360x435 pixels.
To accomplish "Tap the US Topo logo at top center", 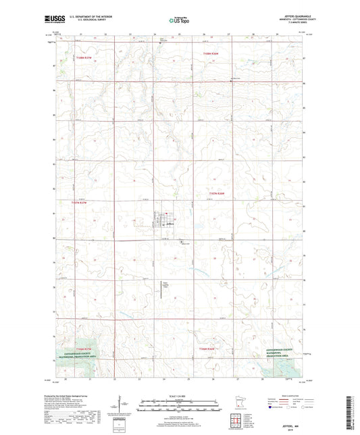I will (178, 21).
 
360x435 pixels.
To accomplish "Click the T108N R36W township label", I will (212, 53).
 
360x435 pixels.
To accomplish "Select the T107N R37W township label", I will (78, 201).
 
